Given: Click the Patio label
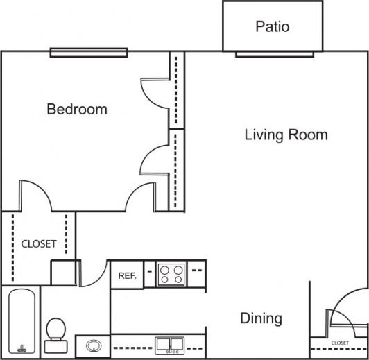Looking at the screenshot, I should pos(272,27).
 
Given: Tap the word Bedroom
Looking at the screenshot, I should pos(77,109).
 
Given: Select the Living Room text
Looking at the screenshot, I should pos(286,135).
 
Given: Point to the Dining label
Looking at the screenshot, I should pos(261,318).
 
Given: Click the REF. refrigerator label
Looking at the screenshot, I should pos(127,275).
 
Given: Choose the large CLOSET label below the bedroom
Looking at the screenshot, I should pos(39,243).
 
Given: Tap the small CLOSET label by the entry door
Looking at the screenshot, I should pos(340,343).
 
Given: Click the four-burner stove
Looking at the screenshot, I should pos(171,274).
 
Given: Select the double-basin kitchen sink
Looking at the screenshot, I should pos(169,343).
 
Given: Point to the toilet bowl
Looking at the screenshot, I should pos(55,327).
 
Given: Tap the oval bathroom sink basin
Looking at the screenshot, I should pos(93,344).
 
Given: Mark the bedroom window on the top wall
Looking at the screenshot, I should pos(89,52).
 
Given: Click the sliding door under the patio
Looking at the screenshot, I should pos(273,53).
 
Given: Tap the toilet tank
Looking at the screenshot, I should pos(54,345).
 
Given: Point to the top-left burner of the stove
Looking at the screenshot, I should pos(165,269).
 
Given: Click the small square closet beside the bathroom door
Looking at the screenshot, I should pos(63,271).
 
